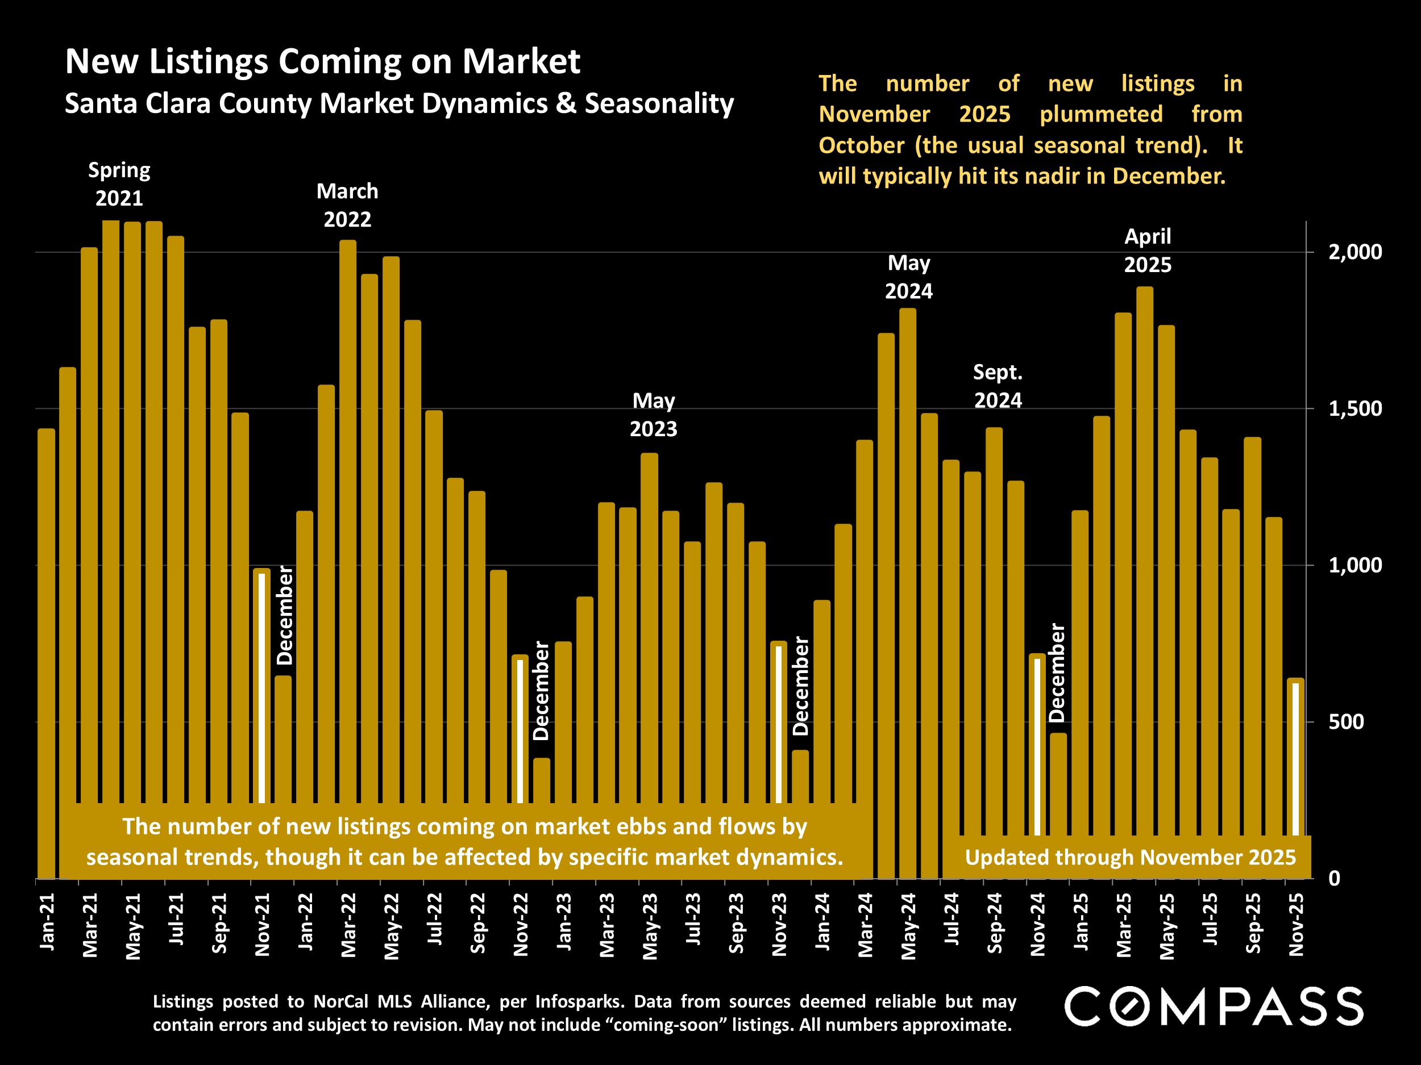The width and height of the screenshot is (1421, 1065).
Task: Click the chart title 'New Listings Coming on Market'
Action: point(322,61)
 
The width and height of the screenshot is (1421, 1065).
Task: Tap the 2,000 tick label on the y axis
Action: point(1354,252)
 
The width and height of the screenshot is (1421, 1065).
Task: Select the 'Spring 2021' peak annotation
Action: point(119,183)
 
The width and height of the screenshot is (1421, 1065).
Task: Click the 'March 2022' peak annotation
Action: point(347,206)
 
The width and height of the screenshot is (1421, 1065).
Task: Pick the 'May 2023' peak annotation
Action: point(653,415)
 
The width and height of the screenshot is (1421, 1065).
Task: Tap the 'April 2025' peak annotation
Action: point(1148,250)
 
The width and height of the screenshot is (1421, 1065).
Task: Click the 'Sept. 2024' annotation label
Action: point(998,386)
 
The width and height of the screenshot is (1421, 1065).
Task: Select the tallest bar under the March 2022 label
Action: point(347,513)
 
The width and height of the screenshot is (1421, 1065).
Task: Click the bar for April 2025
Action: point(1145,546)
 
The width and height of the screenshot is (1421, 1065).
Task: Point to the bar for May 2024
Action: point(908,578)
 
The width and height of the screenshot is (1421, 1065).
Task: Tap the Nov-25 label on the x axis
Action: point(1297,924)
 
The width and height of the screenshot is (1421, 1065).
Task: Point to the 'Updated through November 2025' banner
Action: point(1130,857)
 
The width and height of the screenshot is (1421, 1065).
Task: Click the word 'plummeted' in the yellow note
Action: point(1101,114)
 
